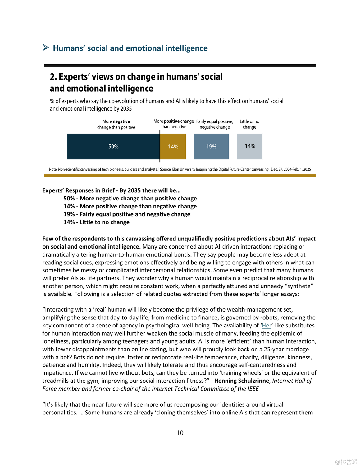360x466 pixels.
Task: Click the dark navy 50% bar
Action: coord(113,146)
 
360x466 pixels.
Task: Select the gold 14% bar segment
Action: coord(173,146)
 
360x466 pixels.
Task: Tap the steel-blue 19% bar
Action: coord(211,146)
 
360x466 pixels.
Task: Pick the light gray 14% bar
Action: coord(249,146)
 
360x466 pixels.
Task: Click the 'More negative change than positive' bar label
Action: coord(116,124)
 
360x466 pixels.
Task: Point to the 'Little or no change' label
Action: coord(249,124)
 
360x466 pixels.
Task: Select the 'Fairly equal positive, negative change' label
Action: coord(215,124)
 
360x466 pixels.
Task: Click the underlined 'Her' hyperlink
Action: coord(267,326)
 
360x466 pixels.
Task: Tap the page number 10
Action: coord(180,433)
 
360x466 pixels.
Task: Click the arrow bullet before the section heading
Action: coord(46,48)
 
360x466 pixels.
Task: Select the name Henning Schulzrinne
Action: coord(241,381)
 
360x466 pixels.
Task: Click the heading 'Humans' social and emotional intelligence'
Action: coord(130,48)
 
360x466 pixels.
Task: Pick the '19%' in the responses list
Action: coord(69,214)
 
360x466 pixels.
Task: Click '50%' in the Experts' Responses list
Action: coord(69,199)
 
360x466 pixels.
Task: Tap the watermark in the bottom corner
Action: coord(346,462)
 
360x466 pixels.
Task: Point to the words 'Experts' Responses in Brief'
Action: coord(78,190)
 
